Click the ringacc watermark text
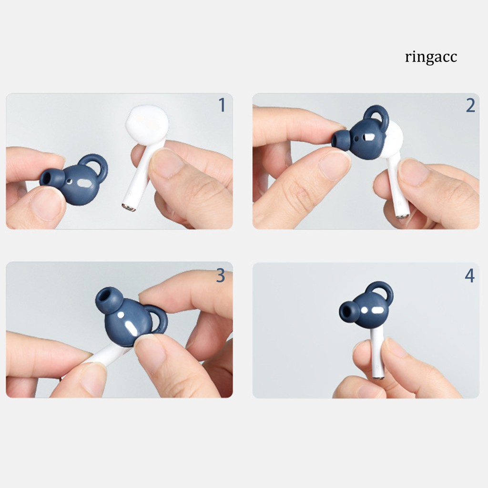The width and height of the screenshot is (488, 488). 431,57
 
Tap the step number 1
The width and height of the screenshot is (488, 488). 222,105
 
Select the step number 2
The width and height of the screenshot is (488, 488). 470,105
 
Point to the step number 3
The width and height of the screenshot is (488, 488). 220,275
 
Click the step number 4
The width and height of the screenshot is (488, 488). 470,275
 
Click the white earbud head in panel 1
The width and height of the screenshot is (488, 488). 147,123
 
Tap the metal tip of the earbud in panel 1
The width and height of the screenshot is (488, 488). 128,207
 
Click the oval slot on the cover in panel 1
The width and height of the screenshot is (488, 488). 85,183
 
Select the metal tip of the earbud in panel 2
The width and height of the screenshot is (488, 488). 403,216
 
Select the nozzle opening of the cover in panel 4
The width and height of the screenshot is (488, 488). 348,312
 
